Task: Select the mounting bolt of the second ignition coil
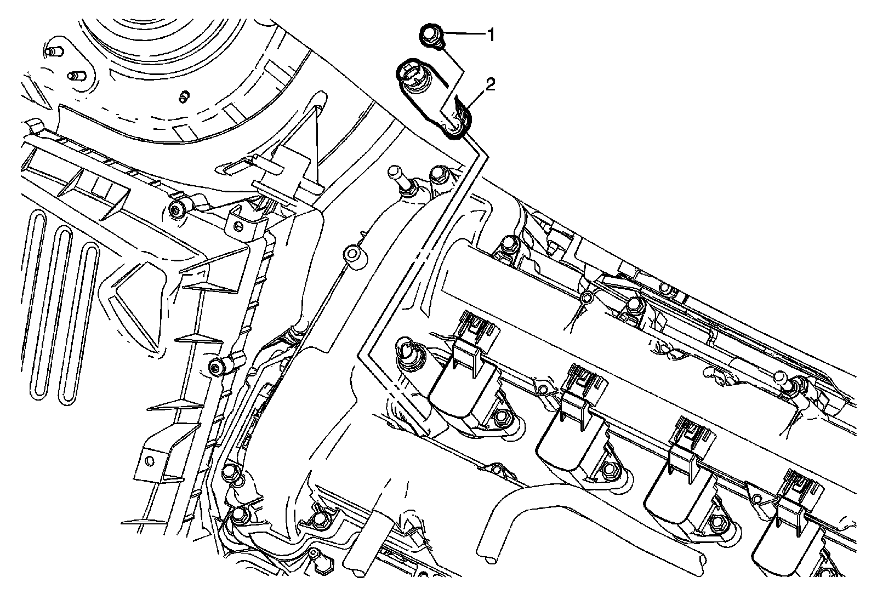(608, 468)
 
